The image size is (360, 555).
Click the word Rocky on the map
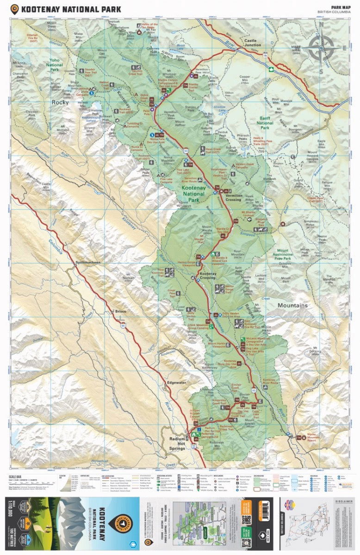click(x=60, y=102)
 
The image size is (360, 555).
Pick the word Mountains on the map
click(x=292, y=306)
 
